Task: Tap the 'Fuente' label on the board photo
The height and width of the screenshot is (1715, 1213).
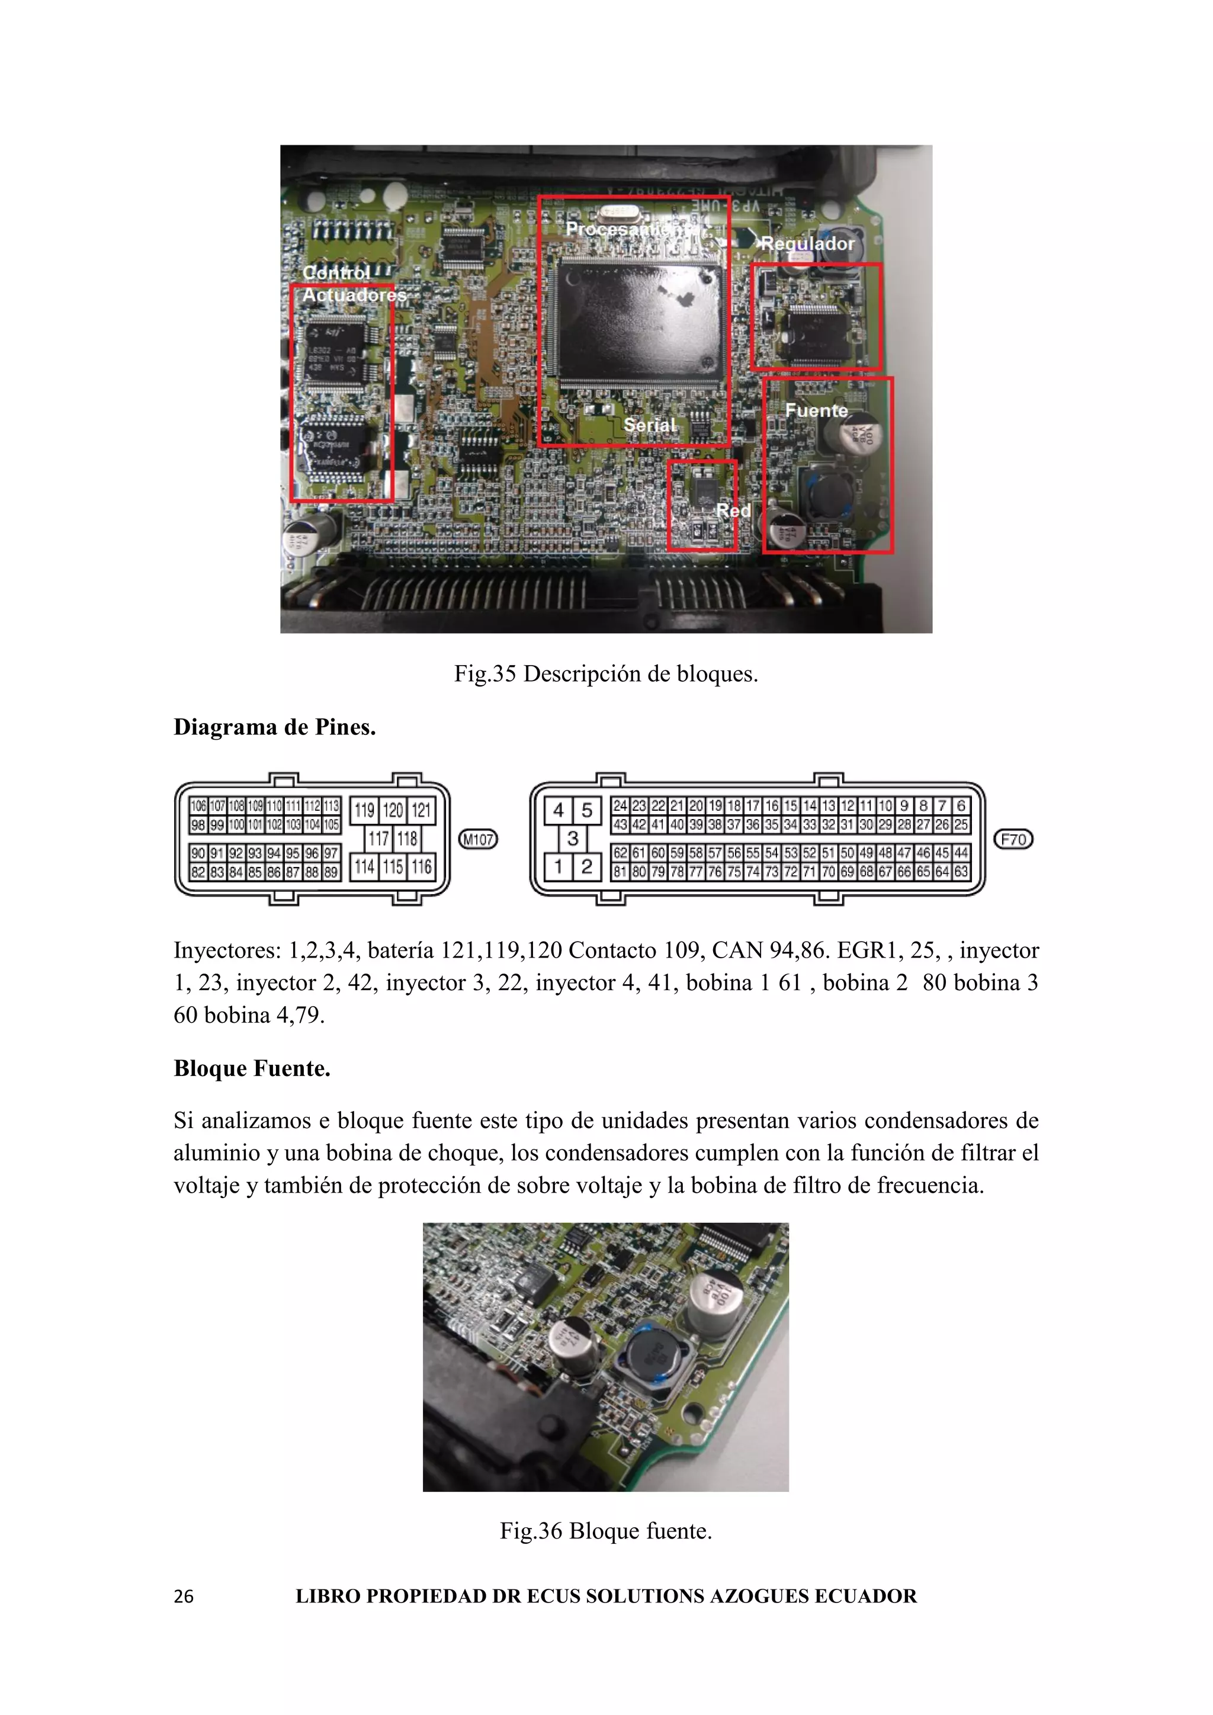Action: pos(816,410)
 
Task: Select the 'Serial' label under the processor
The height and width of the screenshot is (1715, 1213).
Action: pos(649,424)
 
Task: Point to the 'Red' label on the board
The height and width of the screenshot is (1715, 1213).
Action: pos(733,510)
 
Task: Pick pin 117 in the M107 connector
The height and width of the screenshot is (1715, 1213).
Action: pos(378,838)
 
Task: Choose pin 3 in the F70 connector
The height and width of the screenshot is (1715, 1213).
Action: pos(572,838)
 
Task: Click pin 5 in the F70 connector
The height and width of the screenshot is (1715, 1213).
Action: pos(587,810)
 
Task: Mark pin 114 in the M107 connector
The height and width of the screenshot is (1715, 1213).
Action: pos(364,866)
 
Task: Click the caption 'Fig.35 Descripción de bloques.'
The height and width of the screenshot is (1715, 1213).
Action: pos(606,674)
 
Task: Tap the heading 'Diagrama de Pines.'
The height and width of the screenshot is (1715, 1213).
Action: pos(274,727)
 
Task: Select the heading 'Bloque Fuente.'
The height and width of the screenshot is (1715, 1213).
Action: pos(252,1068)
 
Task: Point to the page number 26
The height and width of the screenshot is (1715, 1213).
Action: pos(183,1596)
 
